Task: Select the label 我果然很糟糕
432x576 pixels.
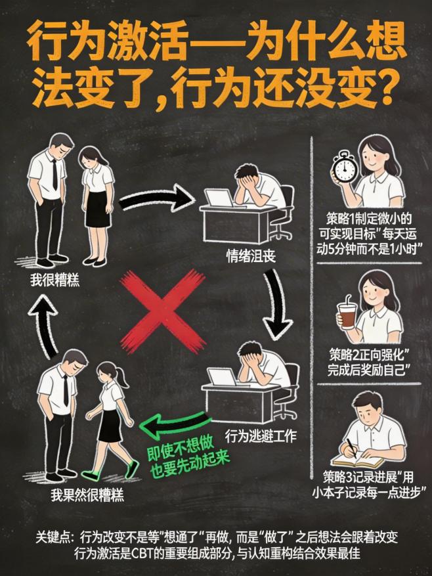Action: [x=77, y=495]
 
